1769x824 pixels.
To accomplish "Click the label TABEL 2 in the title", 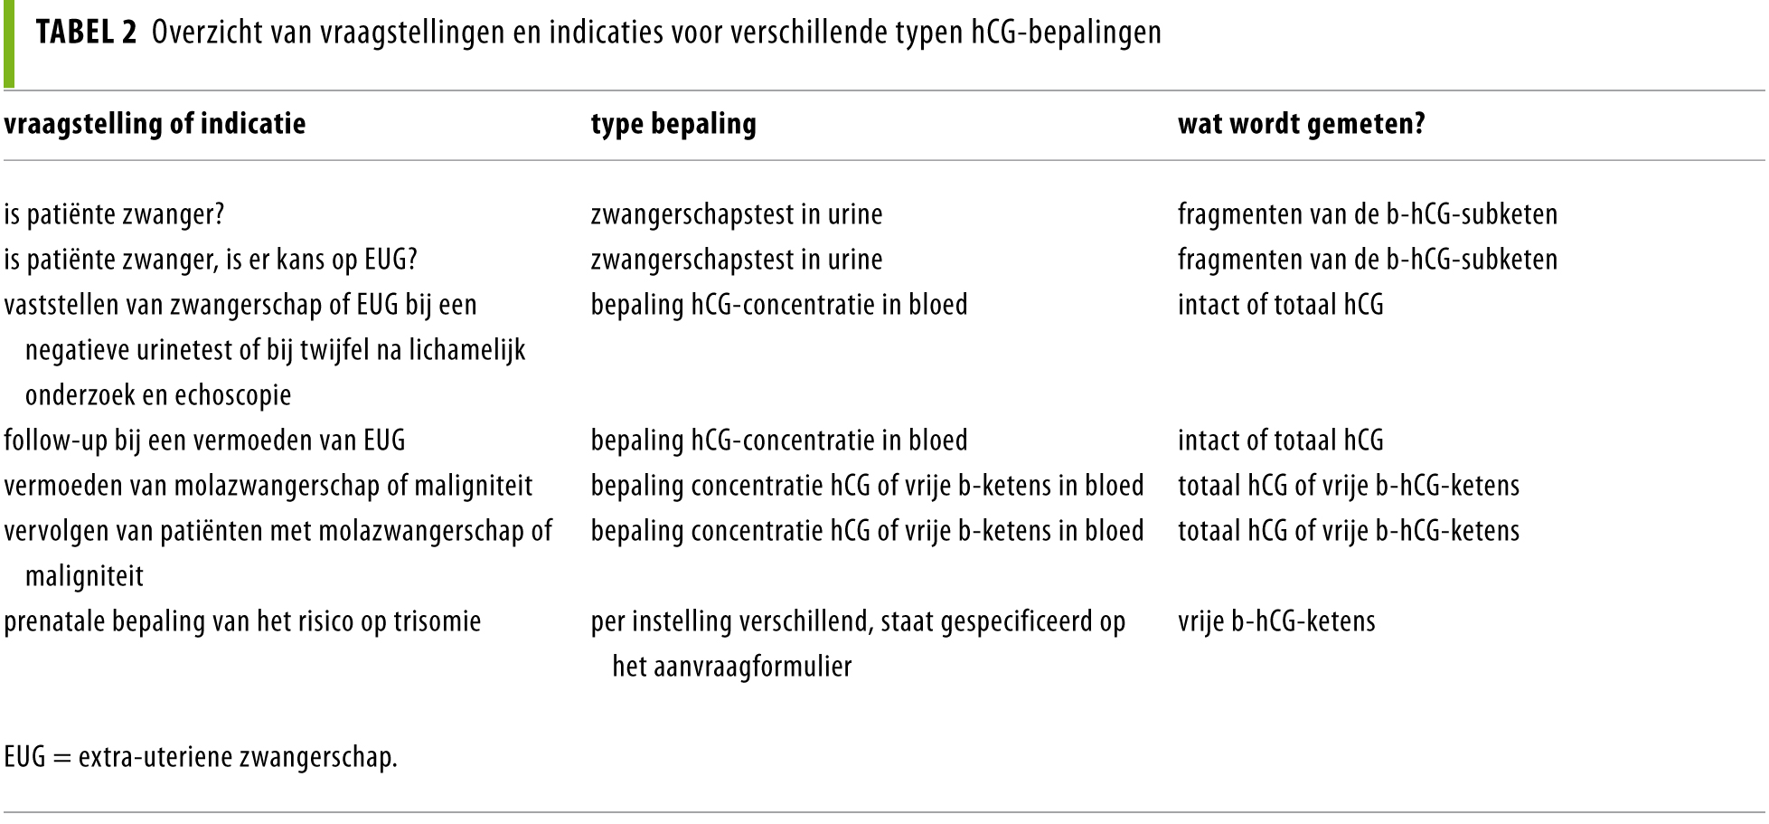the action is tap(87, 33).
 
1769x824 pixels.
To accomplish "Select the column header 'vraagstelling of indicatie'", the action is tap(155, 124).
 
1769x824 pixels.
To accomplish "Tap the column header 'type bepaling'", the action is tap(673, 124).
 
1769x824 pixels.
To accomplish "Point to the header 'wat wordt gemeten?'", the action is tap(1301, 124).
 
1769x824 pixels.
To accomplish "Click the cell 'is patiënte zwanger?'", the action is tap(114, 215).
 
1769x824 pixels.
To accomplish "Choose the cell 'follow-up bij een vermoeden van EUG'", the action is tap(204, 441).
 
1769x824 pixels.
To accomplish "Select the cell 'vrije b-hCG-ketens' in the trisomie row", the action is tap(1276, 622).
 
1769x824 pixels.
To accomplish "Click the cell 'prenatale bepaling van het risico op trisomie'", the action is tap(242, 622).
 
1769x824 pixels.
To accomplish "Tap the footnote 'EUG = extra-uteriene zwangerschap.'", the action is tap(201, 757).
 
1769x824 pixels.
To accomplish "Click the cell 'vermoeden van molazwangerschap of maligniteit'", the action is tap(268, 487).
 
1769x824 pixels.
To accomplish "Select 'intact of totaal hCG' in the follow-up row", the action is tap(1280, 441).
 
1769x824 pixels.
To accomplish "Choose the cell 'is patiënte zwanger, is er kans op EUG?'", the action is tap(210, 260).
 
